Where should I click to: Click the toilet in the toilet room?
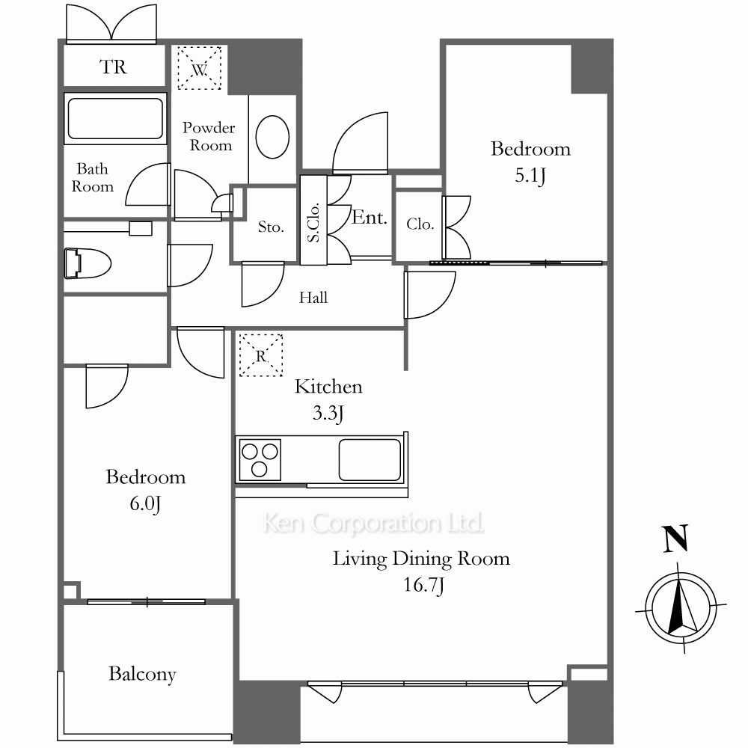pos(88,263)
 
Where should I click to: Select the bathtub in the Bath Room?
pos(115,118)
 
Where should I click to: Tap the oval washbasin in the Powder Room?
pos(272,137)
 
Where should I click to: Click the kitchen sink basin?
pos(370,459)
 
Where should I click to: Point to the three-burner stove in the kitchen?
pos(260,459)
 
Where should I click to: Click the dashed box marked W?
pos(200,68)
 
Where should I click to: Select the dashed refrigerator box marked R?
pos(260,355)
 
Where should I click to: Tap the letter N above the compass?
pos(676,539)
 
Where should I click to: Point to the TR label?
pos(113,67)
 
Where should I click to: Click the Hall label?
pos(313,298)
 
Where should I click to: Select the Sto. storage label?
pos(271,227)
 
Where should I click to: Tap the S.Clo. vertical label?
pos(313,223)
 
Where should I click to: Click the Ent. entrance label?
pos(370,218)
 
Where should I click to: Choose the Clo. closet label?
pos(420,224)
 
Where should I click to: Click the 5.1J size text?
pos(530,176)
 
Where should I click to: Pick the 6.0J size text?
pos(145,503)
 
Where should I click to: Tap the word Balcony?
pos(142,674)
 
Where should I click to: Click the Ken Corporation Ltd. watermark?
pos(373,524)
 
